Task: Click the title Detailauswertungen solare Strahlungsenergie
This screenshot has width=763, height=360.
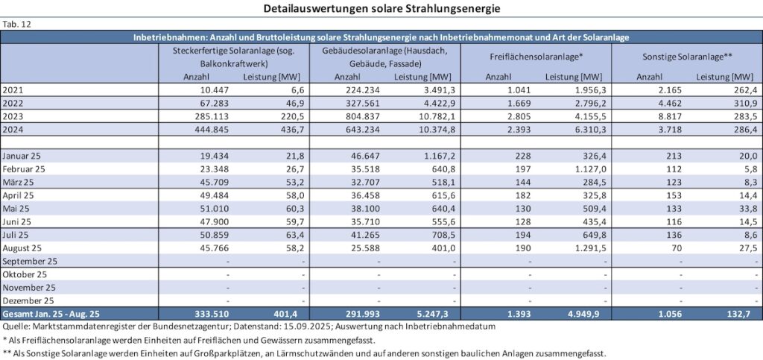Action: (381, 9)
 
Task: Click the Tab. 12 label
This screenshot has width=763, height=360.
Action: (15, 24)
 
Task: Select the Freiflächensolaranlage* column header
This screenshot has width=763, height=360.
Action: (536, 57)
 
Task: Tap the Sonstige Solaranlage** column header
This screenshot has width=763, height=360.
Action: (686, 57)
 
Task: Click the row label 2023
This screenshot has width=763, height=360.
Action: (13, 116)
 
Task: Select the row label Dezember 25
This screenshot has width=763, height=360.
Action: (29, 300)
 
